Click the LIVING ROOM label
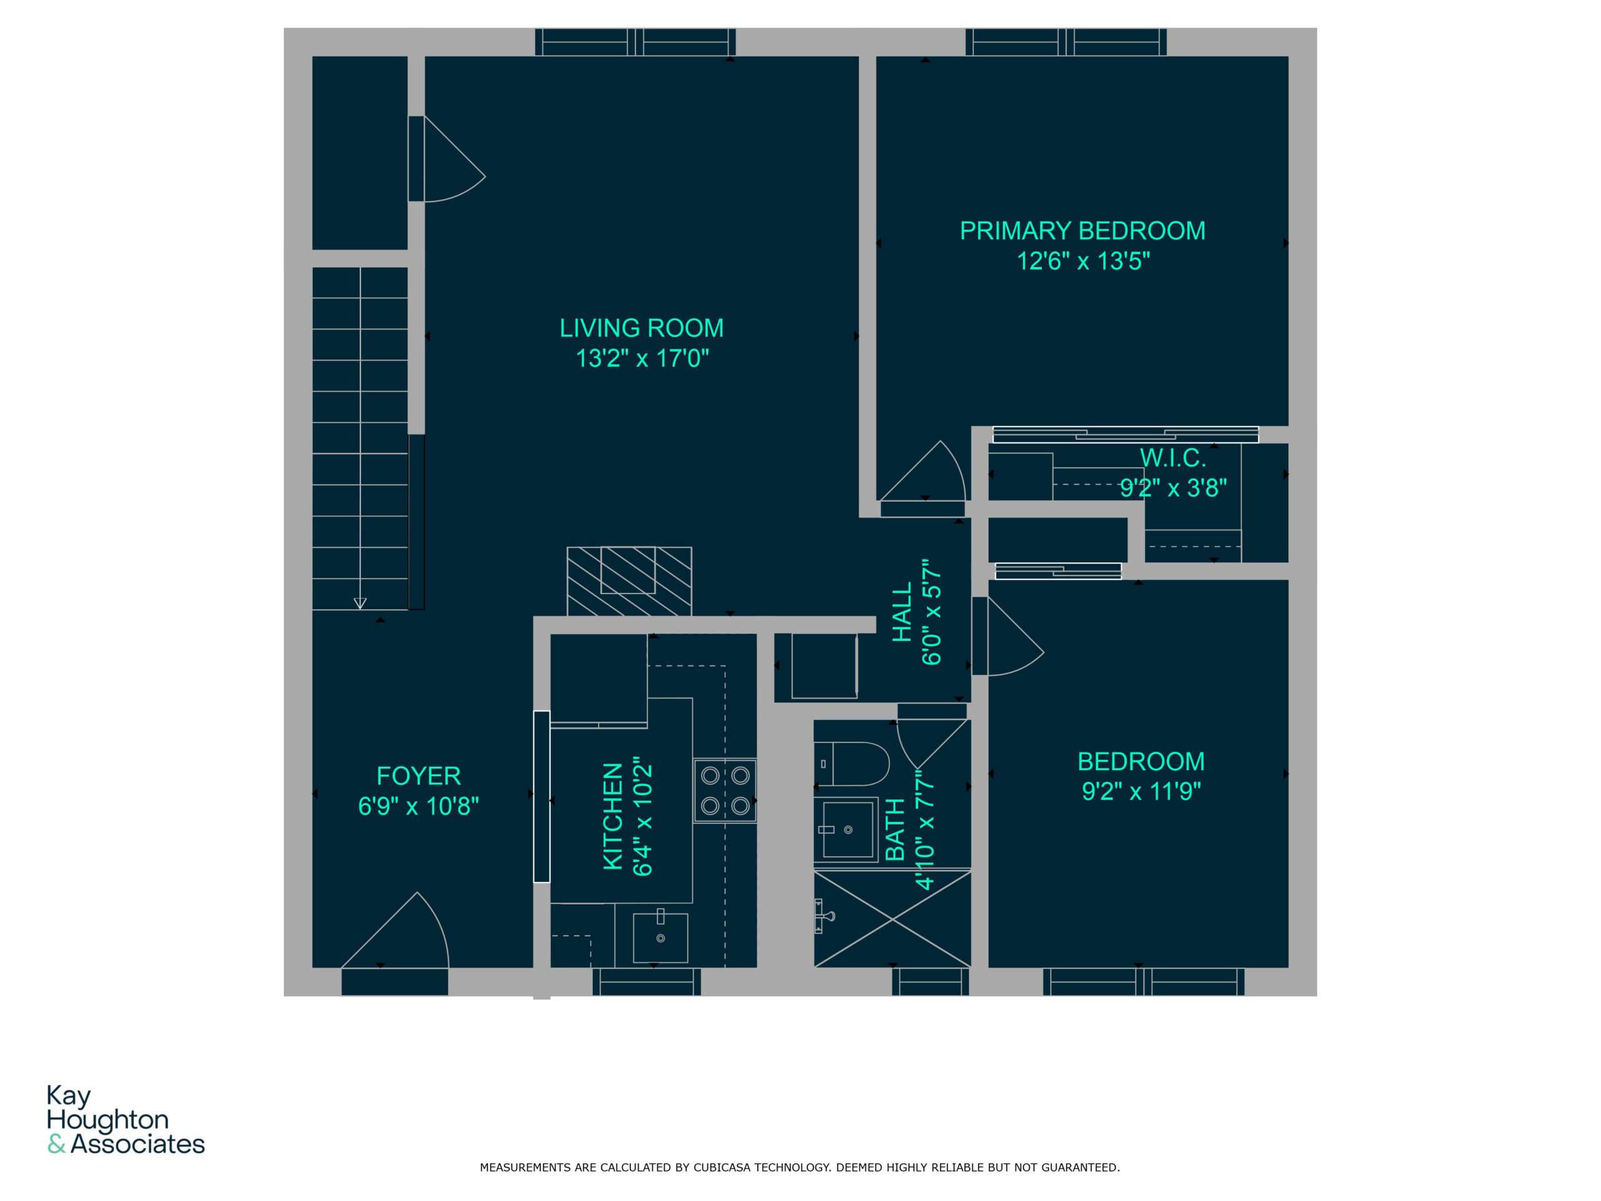click(x=641, y=328)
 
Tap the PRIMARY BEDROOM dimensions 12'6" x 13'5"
click(x=1083, y=261)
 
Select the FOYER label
click(x=418, y=776)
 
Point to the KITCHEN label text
click(x=612, y=816)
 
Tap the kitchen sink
click(x=660, y=938)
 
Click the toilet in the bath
click(x=852, y=764)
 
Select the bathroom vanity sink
click(x=847, y=829)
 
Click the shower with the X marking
click(x=892, y=919)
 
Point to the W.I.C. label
click(x=1173, y=457)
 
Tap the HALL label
click(x=902, y=612)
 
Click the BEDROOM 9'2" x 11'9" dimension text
click(x=1141, y=791)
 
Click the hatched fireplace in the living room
click(x=629, y=581)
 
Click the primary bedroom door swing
click(x=923, y=470)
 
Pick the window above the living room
click(x=635, y=42)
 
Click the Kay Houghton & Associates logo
click(x=125, y=1119)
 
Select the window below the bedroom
click(x=1144, y=982)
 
